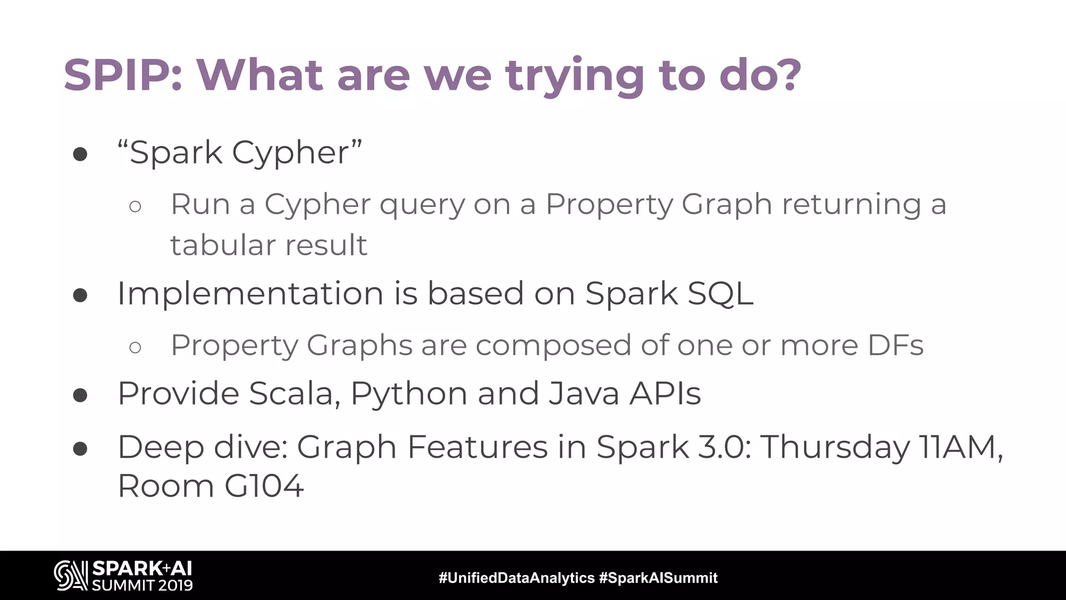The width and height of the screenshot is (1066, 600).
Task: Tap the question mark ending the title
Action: click(786, 76)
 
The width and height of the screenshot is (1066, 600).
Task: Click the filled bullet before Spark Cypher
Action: click(80, 154)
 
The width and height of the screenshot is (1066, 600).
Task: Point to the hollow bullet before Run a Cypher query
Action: click(135, 207)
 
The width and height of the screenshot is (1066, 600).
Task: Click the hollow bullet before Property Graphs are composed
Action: click(135, 347)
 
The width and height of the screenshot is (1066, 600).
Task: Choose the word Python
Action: click(409, 394)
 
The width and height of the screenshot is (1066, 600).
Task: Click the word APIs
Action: click(665, 393)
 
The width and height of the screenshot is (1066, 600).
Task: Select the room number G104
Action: click(263, 486)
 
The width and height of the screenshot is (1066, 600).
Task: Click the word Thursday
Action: click(835, 447)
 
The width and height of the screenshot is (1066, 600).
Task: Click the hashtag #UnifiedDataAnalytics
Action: click(516, 578)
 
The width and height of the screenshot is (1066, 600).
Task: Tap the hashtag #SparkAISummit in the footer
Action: click(658, 578)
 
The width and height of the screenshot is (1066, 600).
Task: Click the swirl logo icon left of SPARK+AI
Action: click(70, 576)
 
